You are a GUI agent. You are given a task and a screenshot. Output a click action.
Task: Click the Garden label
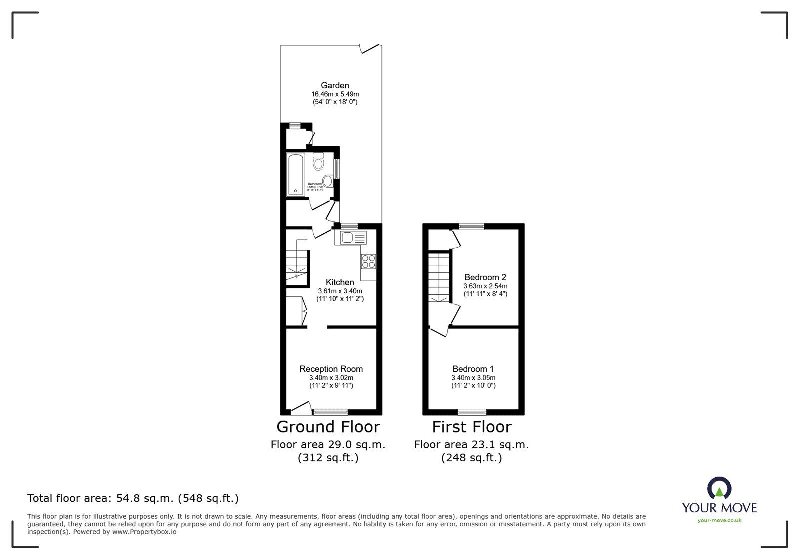pos(335,85)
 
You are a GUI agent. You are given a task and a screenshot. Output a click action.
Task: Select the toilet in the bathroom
pos(318,163)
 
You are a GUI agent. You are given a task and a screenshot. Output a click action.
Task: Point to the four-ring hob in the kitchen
pos(369,261)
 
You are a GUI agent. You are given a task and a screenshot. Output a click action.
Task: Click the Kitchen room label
pos(340,282)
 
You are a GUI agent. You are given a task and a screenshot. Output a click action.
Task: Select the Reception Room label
pos(331,369)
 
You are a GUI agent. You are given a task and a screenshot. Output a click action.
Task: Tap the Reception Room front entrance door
pos(301,409)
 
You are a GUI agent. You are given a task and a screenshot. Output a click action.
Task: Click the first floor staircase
pos(439,277)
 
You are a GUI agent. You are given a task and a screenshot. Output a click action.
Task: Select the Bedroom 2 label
pos(485,277)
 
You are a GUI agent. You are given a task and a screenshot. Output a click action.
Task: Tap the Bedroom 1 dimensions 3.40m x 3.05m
pos(473,378)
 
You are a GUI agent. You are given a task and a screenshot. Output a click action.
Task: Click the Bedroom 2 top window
pos(471,226)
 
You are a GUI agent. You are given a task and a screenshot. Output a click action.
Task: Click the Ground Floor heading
pos(328,427)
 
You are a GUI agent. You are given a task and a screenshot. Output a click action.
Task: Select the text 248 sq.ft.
pos(471,457)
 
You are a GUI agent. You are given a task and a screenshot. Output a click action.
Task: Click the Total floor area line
pos(133,498)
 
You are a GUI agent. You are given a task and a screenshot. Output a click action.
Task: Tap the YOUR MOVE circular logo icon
pos(719,488)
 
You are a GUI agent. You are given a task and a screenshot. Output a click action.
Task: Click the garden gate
pos(370,48)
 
